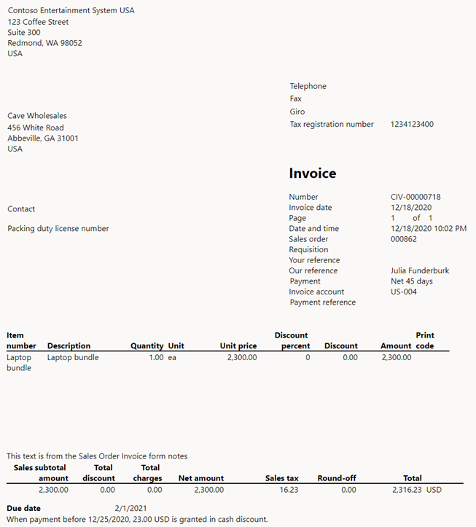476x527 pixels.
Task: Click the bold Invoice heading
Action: tap(313, 173)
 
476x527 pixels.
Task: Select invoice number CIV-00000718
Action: tap(415, 197)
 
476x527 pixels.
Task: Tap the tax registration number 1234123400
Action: tap(412, 125)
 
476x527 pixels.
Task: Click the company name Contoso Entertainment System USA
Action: tap(71, 11)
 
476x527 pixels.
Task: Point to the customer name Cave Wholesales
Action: tap(37, 116)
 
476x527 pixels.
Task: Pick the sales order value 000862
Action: tap(404, 239)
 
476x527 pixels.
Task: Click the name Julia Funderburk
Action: tap(420, 270)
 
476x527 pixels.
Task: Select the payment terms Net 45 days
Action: tap(411, 281)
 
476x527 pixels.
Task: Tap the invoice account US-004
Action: tap(403, 292)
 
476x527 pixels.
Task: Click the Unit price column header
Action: tap(238, 346)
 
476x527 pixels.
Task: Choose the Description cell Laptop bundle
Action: tap(73, 358)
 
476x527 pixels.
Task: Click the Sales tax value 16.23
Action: tap(288, 491)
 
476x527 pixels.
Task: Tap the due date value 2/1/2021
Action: tap(131, 508)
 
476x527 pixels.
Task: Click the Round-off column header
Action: tap(337, 479)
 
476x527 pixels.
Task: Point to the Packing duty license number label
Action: tap(58, 229)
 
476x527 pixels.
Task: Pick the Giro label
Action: tap(297, 112)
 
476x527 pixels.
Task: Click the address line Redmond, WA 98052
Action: tap(44, 43)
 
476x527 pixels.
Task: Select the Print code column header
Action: tap(425, 340)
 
